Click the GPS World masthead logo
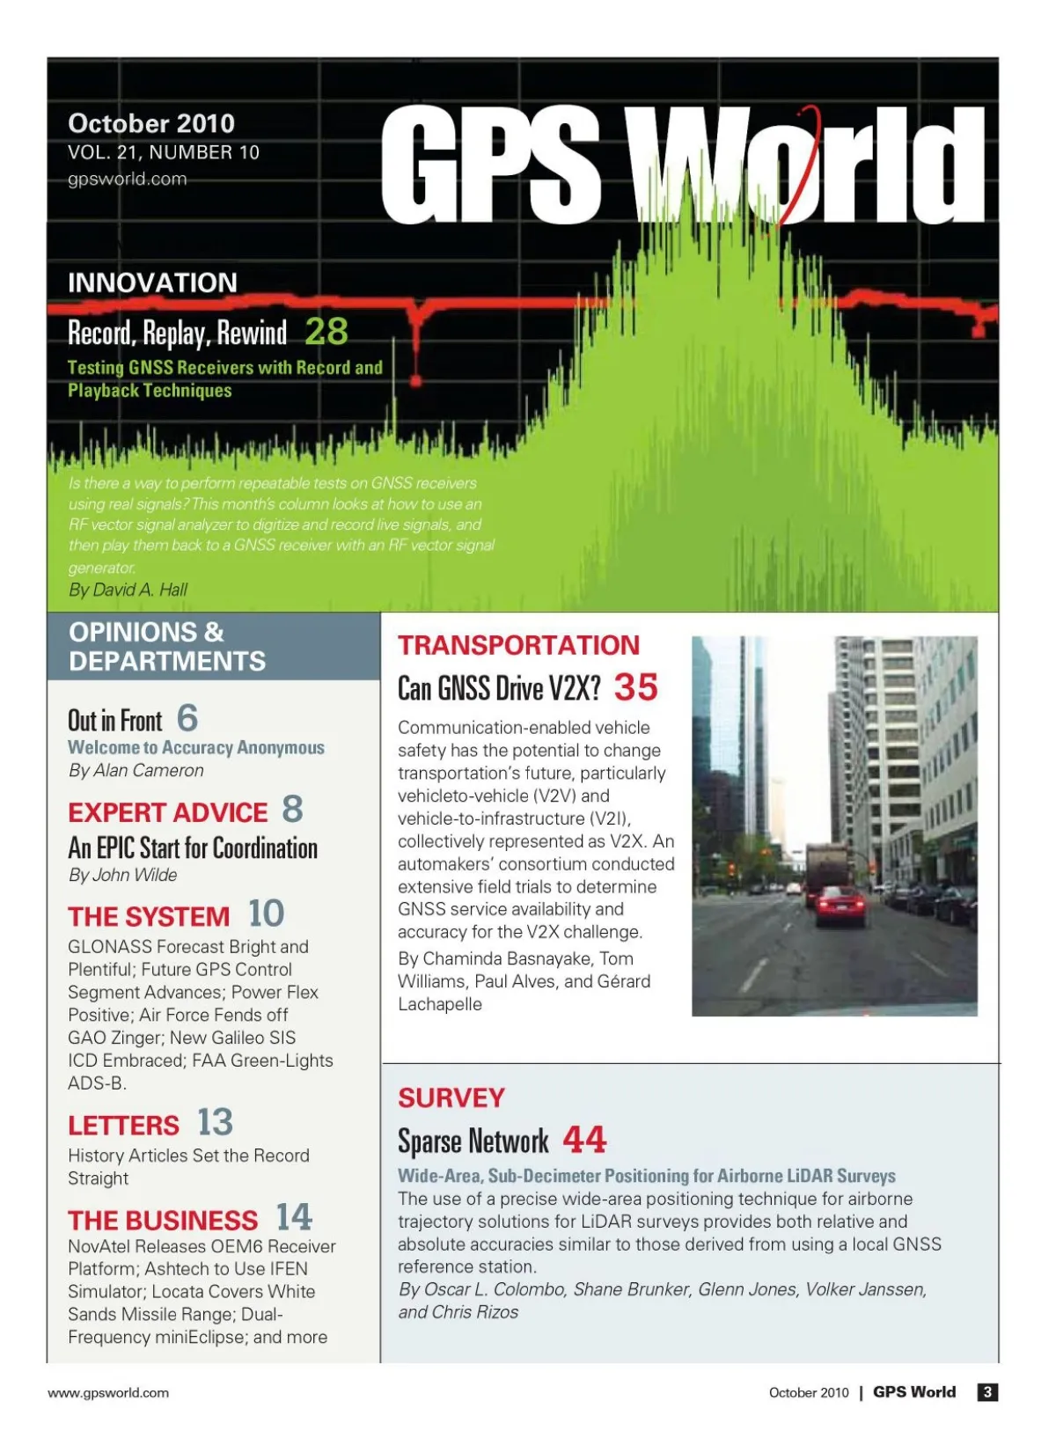[682, 165]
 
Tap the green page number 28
[326, 332]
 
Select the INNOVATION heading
[152, 283]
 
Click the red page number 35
[635, 687]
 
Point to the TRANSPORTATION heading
[518, 645]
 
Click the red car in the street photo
[840, 906]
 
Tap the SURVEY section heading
[451, 1097]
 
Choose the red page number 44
[584, 1140]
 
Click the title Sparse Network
[473, 1141]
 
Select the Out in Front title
[115, 721]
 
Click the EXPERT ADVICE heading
[167, 812]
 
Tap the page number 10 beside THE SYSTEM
[266, 914]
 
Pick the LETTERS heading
[123, 1126]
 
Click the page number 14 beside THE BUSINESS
[294, 1217]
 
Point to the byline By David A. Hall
[128, 590]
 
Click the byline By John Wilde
[122, 875]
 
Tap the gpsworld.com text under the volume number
[127, 180]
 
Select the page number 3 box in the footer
[987, 1391]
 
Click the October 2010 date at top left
[150, 123]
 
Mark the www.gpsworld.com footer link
[108, 1392]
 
